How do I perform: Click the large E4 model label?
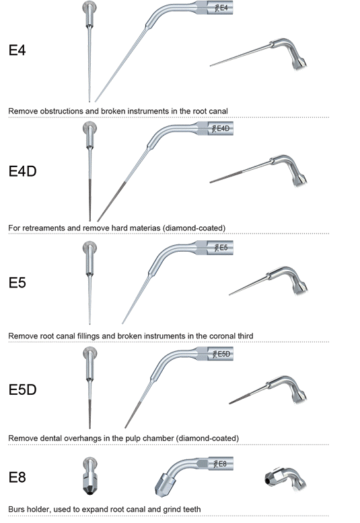click(17, 50)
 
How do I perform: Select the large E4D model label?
click(22, 171)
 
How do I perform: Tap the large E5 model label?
click(17, 283)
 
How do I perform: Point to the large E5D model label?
click(22, 389)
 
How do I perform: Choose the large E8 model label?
click(17, 477)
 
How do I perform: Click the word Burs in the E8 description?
click(16, 510)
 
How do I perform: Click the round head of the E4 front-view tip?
click(89, 7)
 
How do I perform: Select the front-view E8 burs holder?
click(90, 476)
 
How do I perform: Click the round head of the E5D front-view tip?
click(89, 353)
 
